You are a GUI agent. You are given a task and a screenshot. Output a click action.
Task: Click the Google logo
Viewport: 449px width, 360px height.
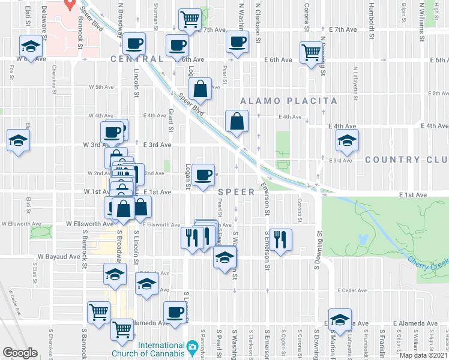[20, 352]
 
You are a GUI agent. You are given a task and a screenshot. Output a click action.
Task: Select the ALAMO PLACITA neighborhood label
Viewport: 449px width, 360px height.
[289, 101]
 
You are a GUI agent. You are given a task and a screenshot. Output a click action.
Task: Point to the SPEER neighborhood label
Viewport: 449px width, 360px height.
[237, 192]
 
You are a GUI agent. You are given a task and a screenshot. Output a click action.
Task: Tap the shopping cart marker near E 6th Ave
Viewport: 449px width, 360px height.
[310, 52]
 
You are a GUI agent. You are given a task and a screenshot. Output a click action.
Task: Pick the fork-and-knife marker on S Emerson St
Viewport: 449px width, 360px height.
[280, 239]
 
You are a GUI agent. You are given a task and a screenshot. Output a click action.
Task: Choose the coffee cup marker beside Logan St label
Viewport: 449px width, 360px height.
[204, 175]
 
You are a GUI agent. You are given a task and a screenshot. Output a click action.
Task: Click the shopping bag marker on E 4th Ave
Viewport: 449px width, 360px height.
[237, 121]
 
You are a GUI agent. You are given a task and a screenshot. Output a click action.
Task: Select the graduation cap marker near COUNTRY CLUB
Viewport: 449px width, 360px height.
[347, 142]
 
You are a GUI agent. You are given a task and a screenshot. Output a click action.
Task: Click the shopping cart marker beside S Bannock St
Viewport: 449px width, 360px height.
[98, 311]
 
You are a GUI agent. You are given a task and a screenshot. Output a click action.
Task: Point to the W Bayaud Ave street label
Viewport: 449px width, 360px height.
[59, 256]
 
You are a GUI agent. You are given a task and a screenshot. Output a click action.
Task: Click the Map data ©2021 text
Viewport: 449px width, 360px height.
[423, 355]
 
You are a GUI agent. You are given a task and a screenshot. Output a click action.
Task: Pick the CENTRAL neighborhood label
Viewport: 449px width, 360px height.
[137, 59]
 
